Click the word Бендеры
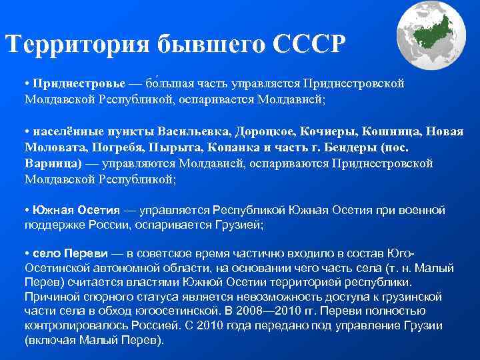(335, 146)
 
